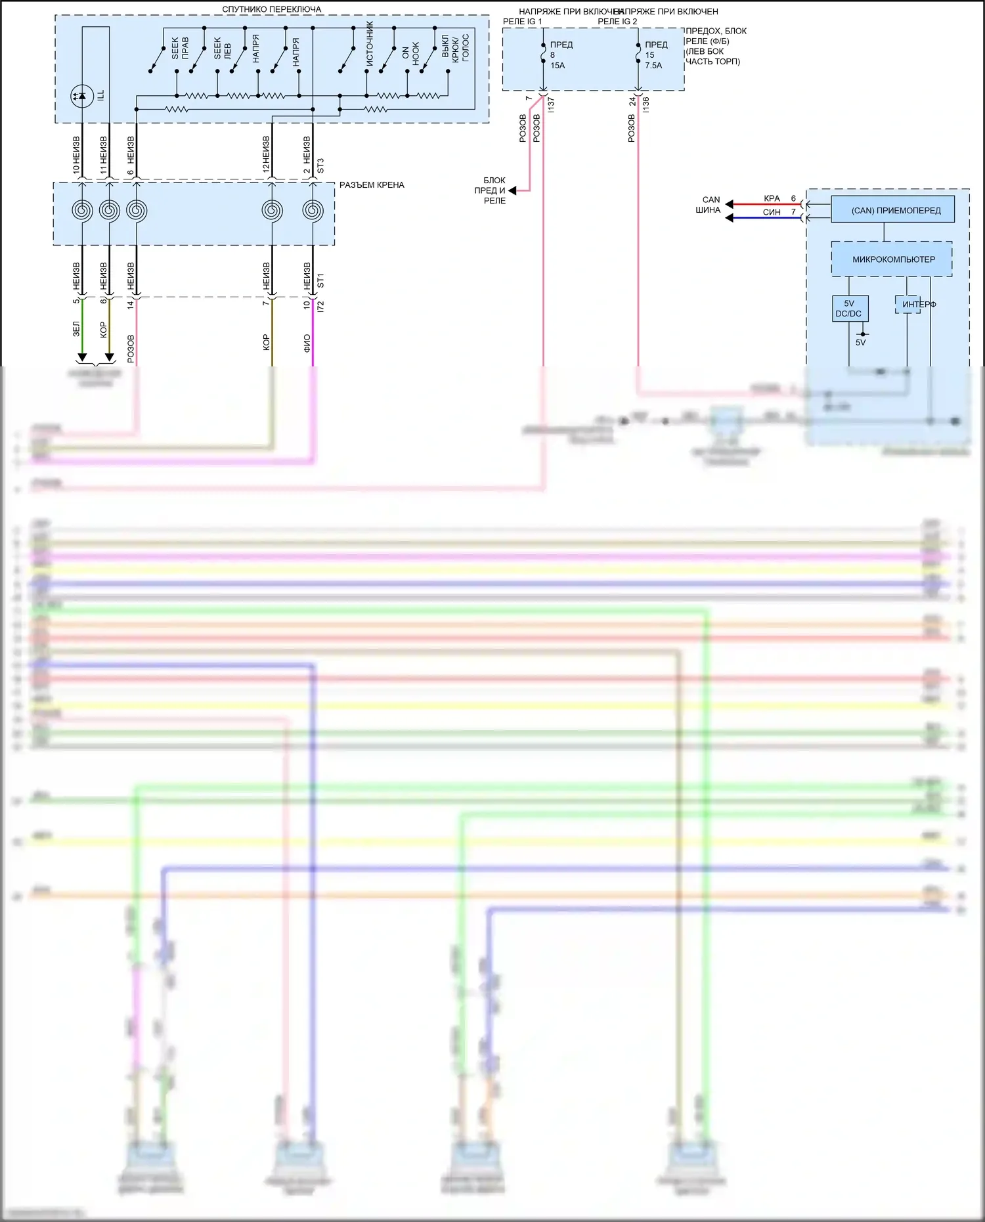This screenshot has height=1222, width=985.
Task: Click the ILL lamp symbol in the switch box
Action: coord(82,97)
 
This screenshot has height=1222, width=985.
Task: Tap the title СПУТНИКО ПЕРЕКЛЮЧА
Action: coord(271,10)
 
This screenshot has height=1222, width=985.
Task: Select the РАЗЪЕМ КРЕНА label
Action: coord(372,185)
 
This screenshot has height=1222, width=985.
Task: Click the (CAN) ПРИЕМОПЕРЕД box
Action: coord(893,210)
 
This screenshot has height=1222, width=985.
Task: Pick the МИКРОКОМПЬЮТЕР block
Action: coord(892,259)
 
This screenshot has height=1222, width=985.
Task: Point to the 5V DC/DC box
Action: coord(849,309)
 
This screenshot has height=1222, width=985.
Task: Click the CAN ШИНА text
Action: coord(709,205)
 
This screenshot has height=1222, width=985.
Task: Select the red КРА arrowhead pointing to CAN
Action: coord(729,204)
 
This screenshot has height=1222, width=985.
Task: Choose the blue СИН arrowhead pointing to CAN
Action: coord(729,217)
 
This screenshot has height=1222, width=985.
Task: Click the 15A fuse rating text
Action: coord(558,66)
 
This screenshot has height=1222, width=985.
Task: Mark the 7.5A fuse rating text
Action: coord(653,66)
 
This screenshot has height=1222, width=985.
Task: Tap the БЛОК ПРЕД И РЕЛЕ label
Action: coord(491,190)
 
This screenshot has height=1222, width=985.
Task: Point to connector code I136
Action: coord(646,104)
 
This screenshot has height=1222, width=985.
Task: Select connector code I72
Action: coord(320,305)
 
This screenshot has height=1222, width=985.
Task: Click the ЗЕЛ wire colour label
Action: coord(76,329)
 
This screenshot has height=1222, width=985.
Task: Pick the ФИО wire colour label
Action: coord(307,343)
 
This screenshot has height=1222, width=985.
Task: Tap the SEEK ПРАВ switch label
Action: coord(180,48)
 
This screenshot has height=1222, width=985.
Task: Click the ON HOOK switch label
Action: coord(410,53)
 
